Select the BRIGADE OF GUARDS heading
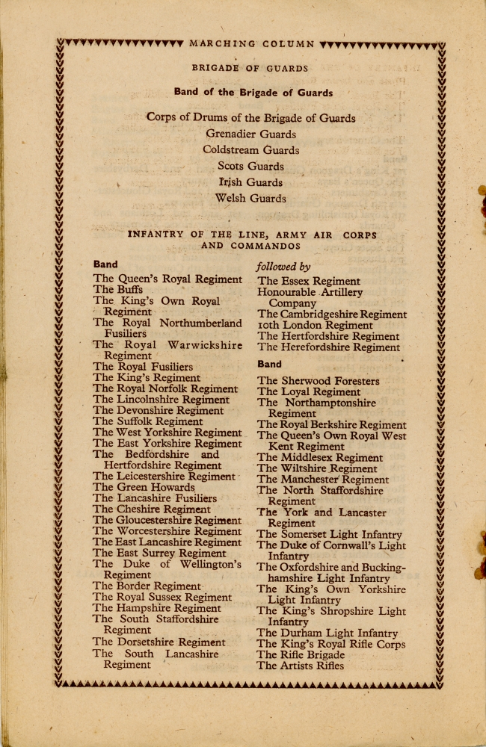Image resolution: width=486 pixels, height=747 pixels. pyautogui.click(x=250, y=68)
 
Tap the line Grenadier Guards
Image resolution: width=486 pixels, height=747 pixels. pyautogui.click(x=250, y=134)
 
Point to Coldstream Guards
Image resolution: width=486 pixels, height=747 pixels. pyautogui.click(x=250, y=150)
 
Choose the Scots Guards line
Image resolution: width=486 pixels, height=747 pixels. pyautogui.click(x=250, y=167)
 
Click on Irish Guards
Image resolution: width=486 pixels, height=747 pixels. pyautogui.click(x=250, y=182)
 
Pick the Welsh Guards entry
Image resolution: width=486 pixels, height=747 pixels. pyautogui.click(x=250, y=199)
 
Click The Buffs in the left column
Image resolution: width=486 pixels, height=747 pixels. pyautogui.click(x=117, y=290)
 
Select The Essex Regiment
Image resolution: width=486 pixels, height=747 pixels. pyautogui.click(x=308, y=282)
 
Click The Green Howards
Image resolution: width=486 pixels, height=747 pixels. pyautogui.click(x=144, y=488)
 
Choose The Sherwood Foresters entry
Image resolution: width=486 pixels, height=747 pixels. pyautogui.click(x=318, y=381)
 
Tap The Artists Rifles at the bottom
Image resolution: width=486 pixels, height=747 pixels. pyautogui.click(x=300, y=666)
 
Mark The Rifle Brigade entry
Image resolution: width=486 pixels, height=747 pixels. pyautogui.click(x=300, y=655)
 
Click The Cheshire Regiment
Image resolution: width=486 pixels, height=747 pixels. pyautogui.click(x=152, y=509)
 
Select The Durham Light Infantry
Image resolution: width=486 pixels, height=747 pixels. pyautogui.click(x=327, y=633)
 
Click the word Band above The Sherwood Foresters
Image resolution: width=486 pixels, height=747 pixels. pyautogui.click(x=269, y=365)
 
